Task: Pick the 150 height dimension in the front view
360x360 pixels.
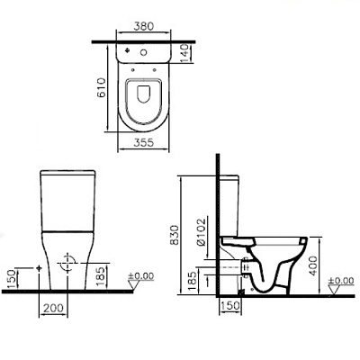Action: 10,278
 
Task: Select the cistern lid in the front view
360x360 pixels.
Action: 67,171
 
